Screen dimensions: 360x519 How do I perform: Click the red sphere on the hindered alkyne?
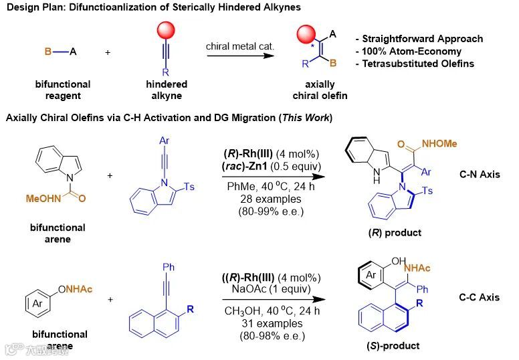167,31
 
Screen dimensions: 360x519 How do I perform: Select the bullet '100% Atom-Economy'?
412,51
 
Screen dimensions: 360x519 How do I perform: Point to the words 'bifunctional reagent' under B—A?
63,90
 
